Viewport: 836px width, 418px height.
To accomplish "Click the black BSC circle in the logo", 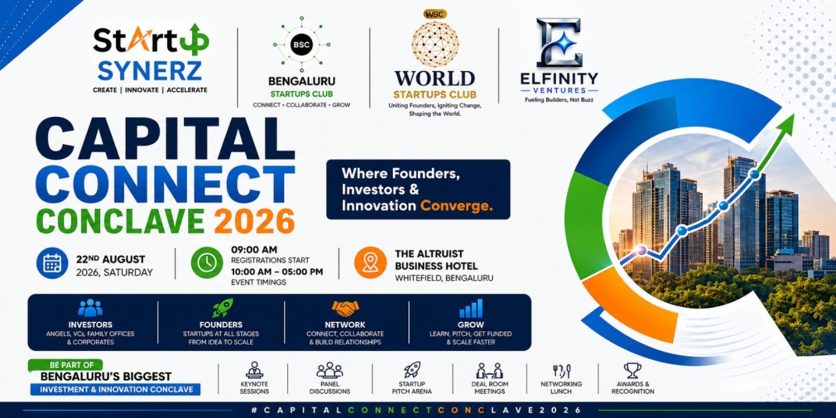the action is (x=301, y=45).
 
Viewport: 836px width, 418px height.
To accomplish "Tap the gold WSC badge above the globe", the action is (x=435, y=14).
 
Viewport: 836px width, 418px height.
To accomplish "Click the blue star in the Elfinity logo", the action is (x=559, y=43).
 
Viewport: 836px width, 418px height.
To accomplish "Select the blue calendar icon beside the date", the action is (x=53, y=263).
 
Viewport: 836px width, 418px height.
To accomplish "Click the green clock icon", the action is (x=207, y=262).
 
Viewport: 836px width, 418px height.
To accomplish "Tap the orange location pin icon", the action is (x=370, y=262).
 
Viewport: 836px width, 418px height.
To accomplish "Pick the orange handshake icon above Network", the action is (x=345, y=308).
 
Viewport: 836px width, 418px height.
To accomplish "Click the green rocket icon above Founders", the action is (x=222, y=308).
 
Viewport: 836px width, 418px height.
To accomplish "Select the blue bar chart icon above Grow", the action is (x=471, y=308).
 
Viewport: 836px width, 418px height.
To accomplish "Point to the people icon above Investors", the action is (x=90, y=308).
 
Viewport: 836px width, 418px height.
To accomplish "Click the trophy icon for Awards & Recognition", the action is (x=632, y=371).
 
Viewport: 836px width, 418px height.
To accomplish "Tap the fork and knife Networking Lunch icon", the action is (x=561, y=371).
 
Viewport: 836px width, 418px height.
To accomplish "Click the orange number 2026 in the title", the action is (x=254, y=221).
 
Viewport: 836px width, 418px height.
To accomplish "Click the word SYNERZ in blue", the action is (x=150, y=71).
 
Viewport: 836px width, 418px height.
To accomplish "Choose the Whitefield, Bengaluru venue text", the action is (x=444, y=278).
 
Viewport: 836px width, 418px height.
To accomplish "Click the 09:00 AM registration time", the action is (x=254, y=250).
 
